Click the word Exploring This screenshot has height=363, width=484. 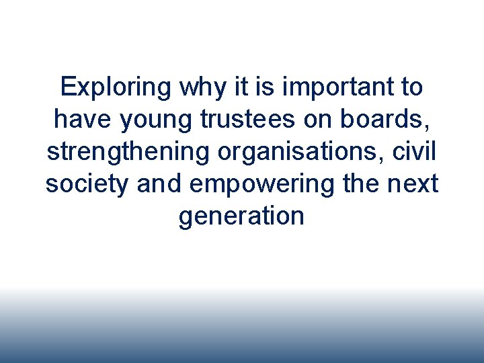pyautogui.click(x=115, y=87)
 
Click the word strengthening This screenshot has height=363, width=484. pyautogui.click(x=128, y=152)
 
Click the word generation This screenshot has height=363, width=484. pyautogui.click(x=242, y=216)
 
